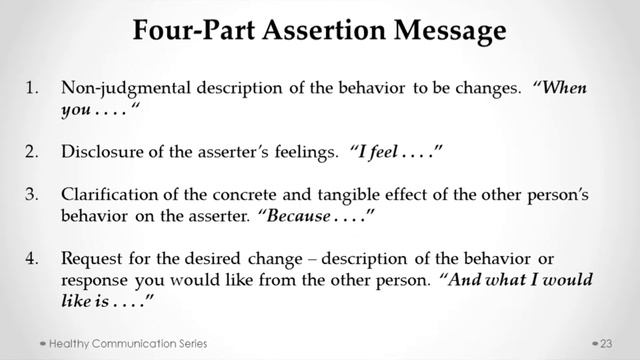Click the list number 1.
tap(32, 87)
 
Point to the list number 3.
tap(33, 196)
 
